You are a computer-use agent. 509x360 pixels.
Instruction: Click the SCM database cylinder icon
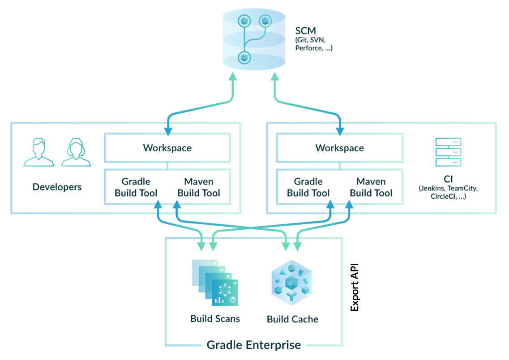[x=253, y=39]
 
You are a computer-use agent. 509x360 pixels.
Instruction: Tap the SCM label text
[x=305, y=31]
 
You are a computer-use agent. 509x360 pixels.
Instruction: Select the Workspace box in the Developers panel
[x=167, y=148]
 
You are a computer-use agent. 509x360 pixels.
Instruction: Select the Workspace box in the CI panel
[x=339, y=148]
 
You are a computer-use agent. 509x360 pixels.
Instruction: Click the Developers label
[x=57, y=187]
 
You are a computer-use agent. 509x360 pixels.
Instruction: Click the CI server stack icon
[x=448, y=152]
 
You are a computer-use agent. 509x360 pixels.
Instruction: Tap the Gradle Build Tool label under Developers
[x=136, y=187]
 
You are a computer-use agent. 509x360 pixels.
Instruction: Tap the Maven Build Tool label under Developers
[x=199, y=187]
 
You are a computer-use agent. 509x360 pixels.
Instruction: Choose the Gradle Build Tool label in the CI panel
[x=308, y=187]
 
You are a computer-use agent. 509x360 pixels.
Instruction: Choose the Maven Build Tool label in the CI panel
[x=371, y=187]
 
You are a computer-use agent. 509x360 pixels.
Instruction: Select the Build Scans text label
[x=215, y=319]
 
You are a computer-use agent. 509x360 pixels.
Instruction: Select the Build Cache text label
[x=292, y=319]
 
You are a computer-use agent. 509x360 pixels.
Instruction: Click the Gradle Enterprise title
[x=253, y=345]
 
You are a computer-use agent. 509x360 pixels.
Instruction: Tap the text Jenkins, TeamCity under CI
[x=448, y=189]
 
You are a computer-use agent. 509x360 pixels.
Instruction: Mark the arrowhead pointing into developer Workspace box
[x=168, y=130]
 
